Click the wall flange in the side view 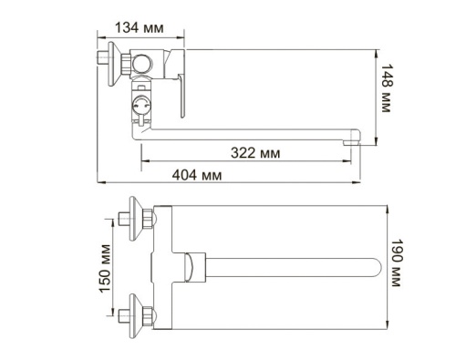coord(109,61)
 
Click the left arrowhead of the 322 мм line coord(142,163)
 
